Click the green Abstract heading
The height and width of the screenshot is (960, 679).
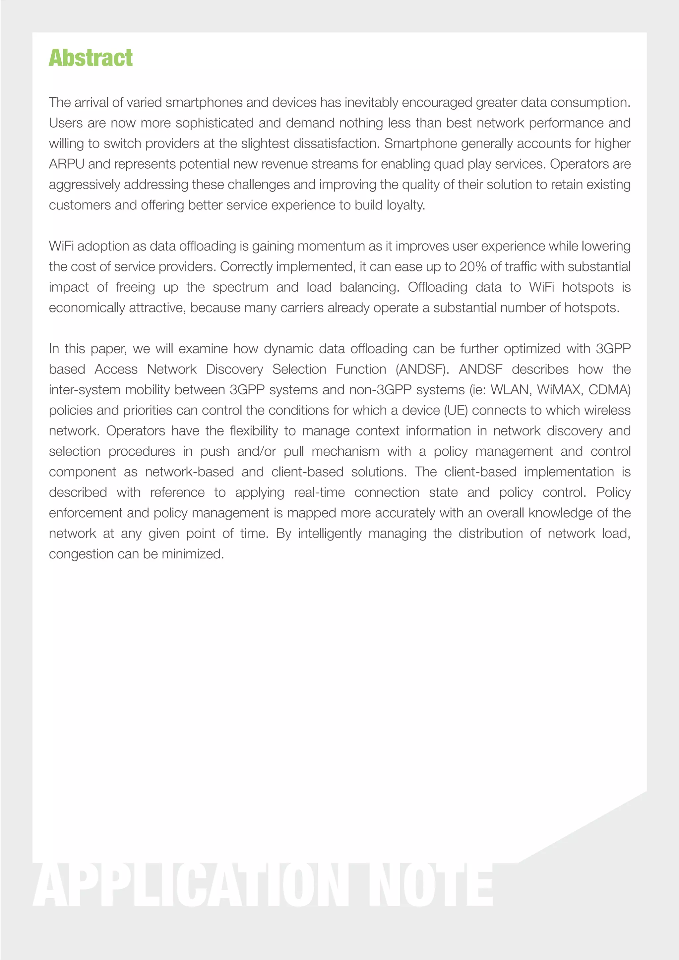coord(91,58)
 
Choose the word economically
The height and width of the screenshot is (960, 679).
coord(87,308)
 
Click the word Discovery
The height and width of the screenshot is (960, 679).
coord(234,369)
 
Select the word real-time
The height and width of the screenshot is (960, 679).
coord(319,492)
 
